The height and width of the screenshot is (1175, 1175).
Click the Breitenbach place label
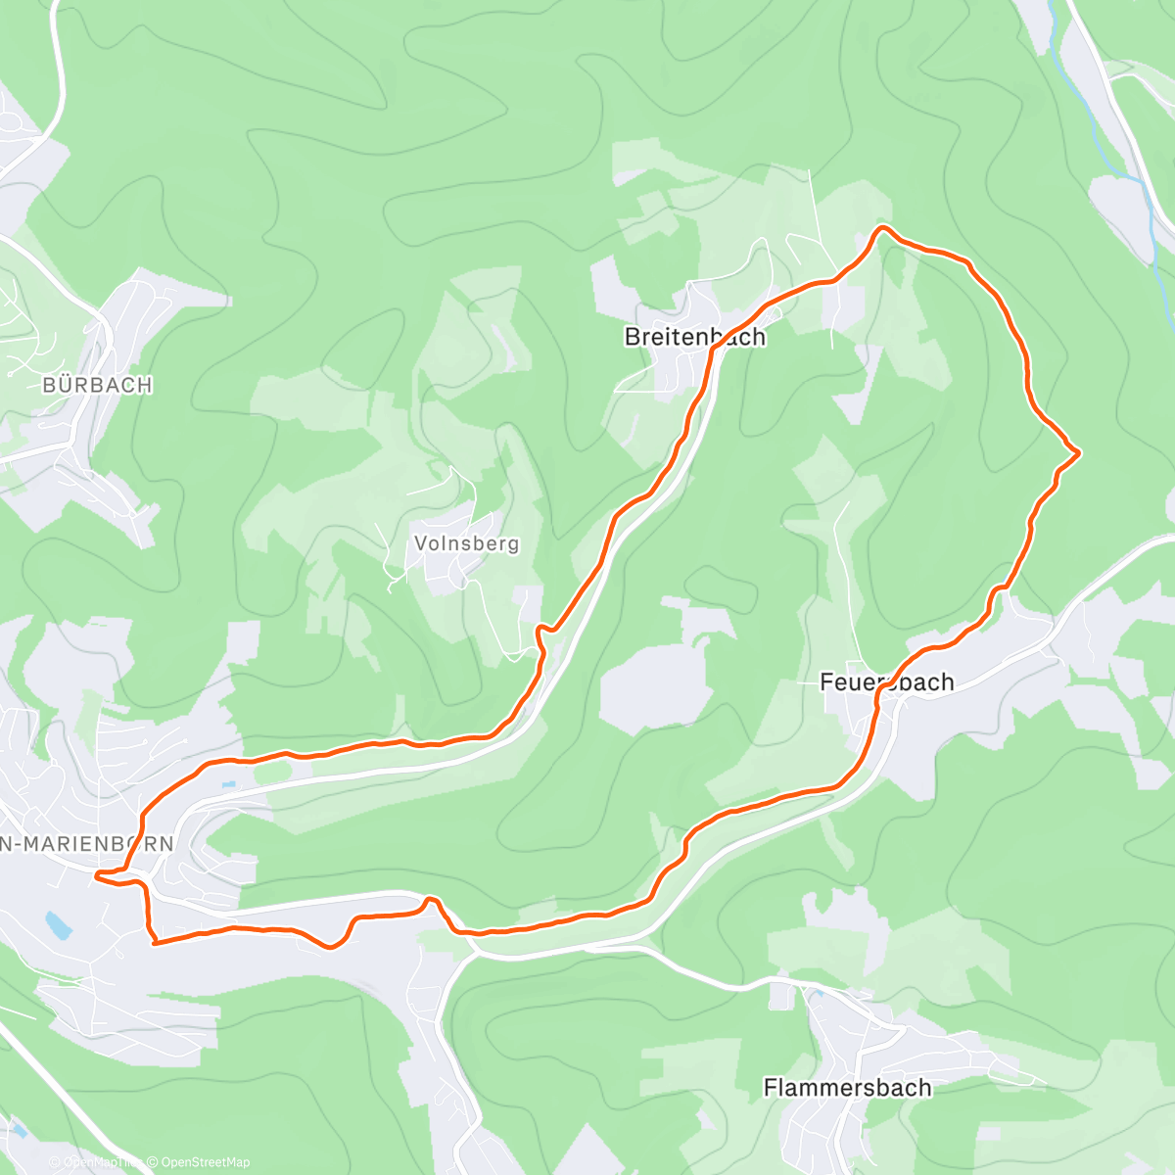tap(694, 337)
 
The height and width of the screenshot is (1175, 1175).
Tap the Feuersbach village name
tap(886, 682)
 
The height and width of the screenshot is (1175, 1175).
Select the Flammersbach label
tap(847, 1088)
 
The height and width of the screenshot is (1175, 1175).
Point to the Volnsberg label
tap(466, 543)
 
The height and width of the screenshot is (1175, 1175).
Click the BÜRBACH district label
tap(97, 385)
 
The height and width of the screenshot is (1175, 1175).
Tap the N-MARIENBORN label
tap(87, 844)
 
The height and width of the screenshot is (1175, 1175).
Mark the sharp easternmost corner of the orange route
tap(1078, 451)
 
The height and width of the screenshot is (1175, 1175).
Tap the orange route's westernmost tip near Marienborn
tap(96, 874)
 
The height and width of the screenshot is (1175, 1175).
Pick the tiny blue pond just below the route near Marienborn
tap(228, 784)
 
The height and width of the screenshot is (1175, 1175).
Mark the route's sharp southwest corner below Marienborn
tap(154, 942)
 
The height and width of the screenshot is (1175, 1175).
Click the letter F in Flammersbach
tap(770, 1088)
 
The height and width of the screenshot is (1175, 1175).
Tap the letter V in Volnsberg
tap(420, 543)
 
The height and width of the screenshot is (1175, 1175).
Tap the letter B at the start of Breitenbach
tap(632, 337)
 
